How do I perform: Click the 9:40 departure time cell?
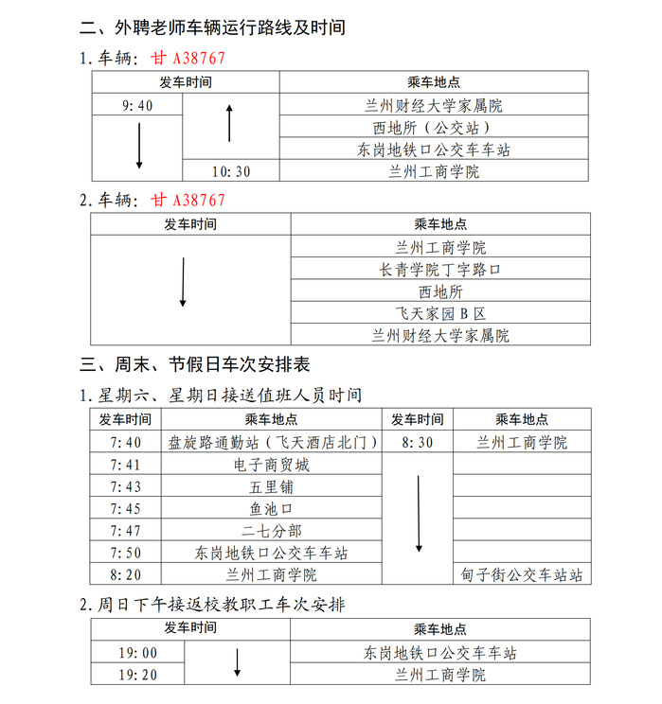pos(137,105)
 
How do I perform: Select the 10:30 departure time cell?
pos(232,171)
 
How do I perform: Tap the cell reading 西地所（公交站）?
pos(435,128)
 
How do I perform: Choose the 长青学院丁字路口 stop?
pos(440,270)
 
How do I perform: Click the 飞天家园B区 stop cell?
pos(440,313)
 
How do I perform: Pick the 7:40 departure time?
pos(125,442)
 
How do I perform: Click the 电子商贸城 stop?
pos(272,465)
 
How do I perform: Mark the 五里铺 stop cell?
pos(272,486)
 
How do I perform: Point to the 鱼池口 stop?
pos(272,508)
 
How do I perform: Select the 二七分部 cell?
pos(272,531)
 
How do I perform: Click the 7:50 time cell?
pos(125,553)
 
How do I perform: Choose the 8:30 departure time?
pos(418,442)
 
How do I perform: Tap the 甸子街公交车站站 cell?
pos(522,574)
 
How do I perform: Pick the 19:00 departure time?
pos(137,653)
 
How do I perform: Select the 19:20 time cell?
pos(137,675)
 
